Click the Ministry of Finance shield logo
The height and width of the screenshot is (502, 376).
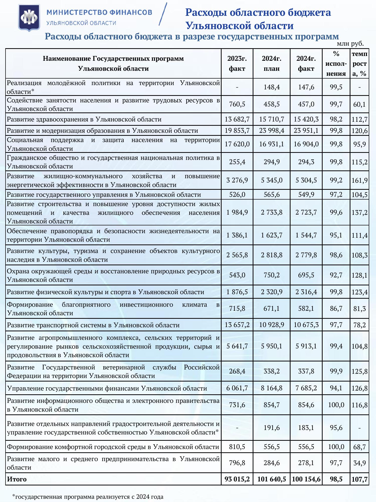[x=29, y=17]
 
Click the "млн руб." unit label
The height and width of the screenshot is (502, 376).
[x=350, y=44]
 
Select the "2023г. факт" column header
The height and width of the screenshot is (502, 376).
[x=237, y=64]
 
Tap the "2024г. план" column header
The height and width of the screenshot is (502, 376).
[x=271, y=64]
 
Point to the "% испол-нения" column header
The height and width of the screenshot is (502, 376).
[x=336, y=64]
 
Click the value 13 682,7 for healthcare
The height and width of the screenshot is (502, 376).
[x=237, y=119]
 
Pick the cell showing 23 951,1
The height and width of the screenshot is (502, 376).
[x=306, y=131]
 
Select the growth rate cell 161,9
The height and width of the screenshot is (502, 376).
[x=359, y=180]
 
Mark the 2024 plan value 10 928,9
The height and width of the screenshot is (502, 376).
[x=271, y=325]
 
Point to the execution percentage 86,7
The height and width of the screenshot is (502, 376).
[x=336, y=308]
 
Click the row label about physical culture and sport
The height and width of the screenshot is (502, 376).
[x=106, y=292]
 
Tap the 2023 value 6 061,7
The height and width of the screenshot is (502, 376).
[x=237, y=388]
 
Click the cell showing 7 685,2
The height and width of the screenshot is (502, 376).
[x=306, y=388]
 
